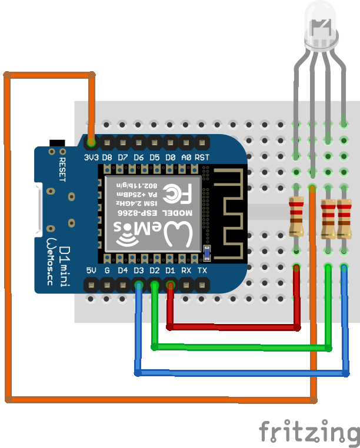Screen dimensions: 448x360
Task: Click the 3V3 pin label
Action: tap(91, 158)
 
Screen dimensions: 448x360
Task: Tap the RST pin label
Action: tap(202, 158)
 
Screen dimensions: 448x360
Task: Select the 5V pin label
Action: tap(91, 270)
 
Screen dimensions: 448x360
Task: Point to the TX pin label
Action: tap(202, 270)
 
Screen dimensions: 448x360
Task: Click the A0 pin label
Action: tap(186, 158)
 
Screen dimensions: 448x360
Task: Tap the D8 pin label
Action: tap(107, 158)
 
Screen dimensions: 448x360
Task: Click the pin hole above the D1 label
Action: tap(171, 286)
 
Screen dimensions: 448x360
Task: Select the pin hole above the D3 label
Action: tap(139, 286)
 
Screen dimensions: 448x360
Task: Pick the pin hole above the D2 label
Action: tap(155, 286)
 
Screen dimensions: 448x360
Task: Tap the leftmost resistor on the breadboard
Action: tap(297, 217)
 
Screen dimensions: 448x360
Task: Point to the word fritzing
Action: tap(309, 433)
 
